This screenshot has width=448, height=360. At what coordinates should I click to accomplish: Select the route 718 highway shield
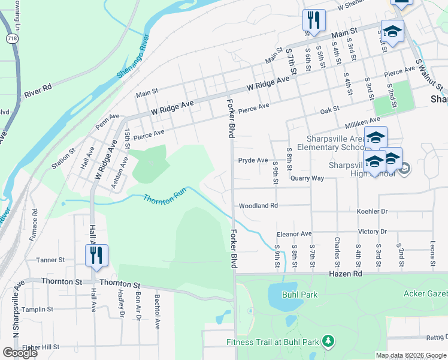11,38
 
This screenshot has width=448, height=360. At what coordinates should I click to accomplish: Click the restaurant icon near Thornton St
96,255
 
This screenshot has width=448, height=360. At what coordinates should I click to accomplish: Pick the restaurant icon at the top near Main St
314,20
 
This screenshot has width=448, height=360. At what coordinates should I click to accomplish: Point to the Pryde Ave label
253,160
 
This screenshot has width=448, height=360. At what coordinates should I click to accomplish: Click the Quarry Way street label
307,178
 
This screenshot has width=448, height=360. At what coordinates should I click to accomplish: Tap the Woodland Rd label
258,206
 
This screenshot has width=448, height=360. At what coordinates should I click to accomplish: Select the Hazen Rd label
346,274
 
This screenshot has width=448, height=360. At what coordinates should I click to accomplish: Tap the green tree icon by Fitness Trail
328,342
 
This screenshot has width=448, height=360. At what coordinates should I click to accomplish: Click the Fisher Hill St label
41,347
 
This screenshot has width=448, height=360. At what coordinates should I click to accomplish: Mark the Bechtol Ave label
157,312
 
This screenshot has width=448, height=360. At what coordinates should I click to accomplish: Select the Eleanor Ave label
294,233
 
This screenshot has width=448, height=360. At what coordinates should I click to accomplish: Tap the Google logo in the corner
20,353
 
